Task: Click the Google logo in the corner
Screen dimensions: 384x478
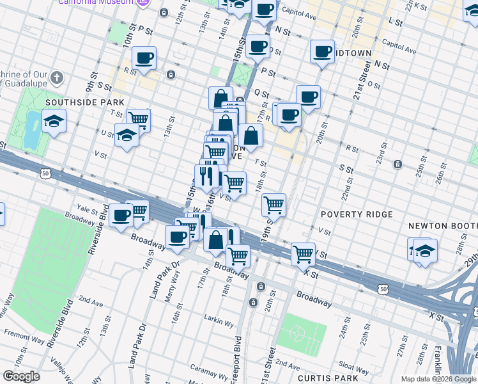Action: click(x=21, y=376)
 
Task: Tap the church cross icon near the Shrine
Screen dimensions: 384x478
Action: click(x=57, y=79)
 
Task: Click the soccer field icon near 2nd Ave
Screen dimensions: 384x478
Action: click(x=297, y=333)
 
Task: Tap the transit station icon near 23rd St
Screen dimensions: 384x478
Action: click(x=397, y=164)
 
